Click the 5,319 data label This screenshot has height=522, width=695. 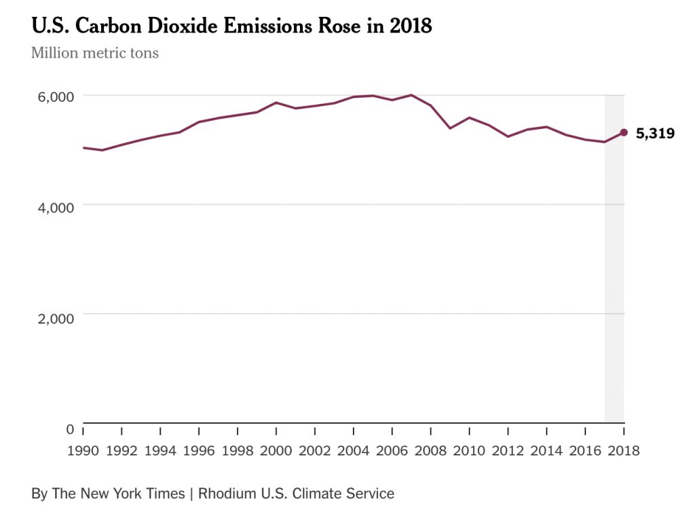[x=655, y=134]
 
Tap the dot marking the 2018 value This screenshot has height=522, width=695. [x=624, y=132]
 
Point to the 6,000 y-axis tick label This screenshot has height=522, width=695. [x=55, y=96]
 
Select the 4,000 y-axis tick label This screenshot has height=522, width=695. [x=55, y=206]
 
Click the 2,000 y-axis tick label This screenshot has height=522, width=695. [x=55, y=316]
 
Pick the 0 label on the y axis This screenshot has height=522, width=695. [x=70, y=428]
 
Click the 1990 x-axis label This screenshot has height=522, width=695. [x=83, y=450]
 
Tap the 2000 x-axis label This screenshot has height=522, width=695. [x=276, y=450]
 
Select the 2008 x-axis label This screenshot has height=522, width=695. [x=430, y=450]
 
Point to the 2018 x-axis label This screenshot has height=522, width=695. [x=623, y=450]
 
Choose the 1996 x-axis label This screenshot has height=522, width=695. [x=199, y=450]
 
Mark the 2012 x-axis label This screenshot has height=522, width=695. [x=508, y=450]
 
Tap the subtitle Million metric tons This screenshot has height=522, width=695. [x=95, y=53]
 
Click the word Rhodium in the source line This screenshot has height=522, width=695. [x=227, y=493]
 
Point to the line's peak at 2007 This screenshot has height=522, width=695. [x=411, y=95]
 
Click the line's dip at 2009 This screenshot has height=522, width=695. [x=450, y=128]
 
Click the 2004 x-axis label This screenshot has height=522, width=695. [x=353, y=450]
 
